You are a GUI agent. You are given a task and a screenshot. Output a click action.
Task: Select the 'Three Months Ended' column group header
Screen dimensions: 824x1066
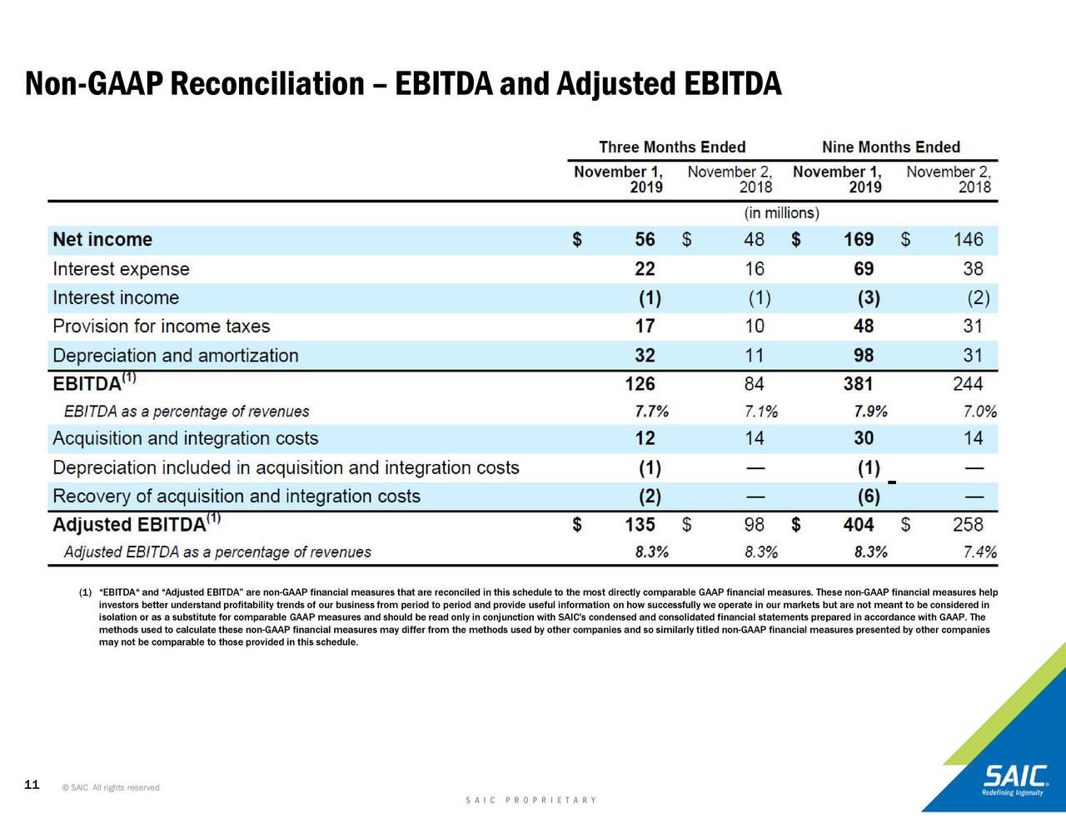click(671, 147)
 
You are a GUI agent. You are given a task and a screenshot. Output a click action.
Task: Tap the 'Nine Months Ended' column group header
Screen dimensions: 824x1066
click(890, 147)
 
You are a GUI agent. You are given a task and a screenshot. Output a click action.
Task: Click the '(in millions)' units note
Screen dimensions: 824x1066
click(781, 213)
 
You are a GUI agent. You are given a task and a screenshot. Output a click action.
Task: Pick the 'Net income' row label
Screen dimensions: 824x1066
click(102, 240)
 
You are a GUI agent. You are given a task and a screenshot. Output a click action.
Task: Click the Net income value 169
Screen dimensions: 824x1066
click(858, 240)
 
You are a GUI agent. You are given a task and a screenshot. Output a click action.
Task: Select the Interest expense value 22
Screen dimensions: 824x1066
click(645, 269)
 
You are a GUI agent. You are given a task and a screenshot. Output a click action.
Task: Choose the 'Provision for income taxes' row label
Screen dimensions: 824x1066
click(161, 327)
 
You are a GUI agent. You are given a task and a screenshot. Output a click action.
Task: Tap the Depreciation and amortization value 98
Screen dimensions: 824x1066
click(864, 356)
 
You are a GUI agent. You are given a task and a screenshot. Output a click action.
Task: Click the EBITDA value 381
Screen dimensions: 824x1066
click(858, 384)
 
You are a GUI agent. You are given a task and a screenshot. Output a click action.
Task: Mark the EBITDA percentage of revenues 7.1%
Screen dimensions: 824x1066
click(760, 412)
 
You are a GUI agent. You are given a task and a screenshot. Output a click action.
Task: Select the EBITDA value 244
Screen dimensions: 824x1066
click(968, 384)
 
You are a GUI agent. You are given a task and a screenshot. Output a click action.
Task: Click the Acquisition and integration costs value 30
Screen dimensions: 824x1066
click(864, 438)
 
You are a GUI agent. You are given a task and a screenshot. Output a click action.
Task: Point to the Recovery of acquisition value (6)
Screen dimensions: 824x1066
click(868, 497)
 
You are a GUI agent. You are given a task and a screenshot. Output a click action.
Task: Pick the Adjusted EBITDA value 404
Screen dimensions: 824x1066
click(858, 525)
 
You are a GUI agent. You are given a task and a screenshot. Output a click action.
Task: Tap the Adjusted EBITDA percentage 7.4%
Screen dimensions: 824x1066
click(979, 552)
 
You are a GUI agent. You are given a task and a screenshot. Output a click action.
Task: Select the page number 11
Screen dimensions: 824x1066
click(32, 785)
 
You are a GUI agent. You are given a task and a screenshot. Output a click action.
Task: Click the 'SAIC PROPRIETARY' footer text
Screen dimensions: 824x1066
click(531, 801)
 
